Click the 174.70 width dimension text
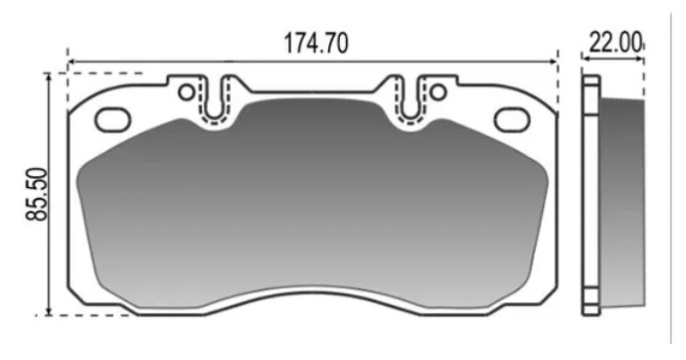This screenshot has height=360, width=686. [316, 43]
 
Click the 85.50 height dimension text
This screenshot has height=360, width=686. [37, 194]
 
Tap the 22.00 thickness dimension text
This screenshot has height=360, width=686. [615, 43]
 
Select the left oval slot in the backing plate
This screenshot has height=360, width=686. [113, 120]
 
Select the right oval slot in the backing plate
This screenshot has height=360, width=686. [512, 120]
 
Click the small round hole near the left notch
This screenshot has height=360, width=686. [186, 92]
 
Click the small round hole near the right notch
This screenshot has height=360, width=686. [437, 92]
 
